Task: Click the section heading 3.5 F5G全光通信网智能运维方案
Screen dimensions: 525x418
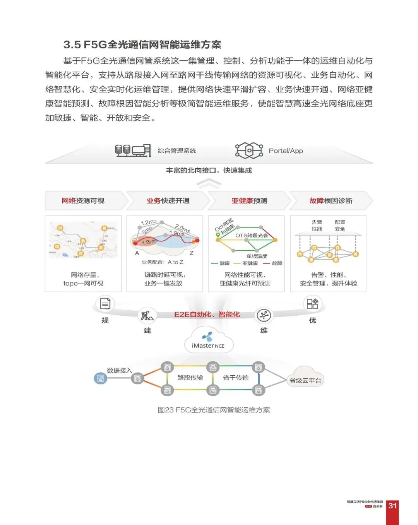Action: (x=142, y=44)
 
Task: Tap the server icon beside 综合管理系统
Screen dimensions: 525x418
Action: (x=133, y=150)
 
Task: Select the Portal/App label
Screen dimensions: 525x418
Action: (x=286, y=151)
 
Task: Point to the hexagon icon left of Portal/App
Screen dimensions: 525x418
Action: (x=249, y=150)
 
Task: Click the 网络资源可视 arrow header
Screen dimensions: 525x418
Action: (x=83, y=201)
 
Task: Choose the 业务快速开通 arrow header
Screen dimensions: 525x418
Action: (x=168, y=201)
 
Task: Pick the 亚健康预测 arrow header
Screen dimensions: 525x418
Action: (x=249, y=201)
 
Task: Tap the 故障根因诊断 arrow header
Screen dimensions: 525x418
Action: (x=331, y=201)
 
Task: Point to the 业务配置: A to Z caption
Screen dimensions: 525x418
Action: (x=163, y=262)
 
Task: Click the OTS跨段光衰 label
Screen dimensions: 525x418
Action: (x=252, y=235)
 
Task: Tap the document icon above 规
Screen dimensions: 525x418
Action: (x=105, y=304)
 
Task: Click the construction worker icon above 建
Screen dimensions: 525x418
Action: (x=147, y=316)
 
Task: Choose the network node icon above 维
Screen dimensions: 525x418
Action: (x=264, y=316)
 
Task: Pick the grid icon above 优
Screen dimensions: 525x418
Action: (x=312, y=304)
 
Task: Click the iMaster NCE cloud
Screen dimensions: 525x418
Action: (x=208, y=340)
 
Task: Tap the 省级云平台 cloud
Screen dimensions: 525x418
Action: (x=305, y=378)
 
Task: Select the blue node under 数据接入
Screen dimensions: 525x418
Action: (x=100, y=378)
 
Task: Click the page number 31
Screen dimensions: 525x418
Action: (x=392, y=506)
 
